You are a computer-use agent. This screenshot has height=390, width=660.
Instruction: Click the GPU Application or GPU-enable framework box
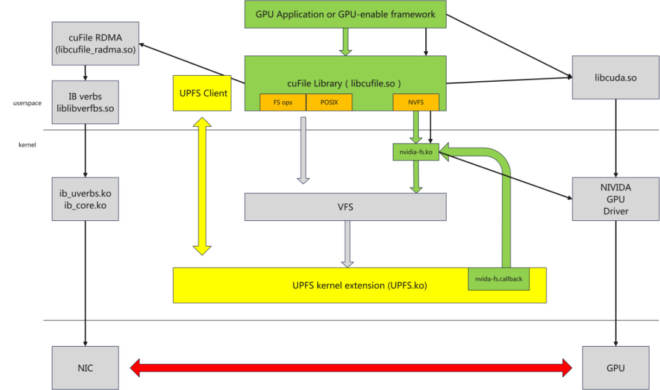(x=345, y=14)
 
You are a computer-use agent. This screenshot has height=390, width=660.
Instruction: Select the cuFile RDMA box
(x=95, y=43)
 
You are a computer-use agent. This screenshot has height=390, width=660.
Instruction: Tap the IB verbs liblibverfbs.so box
(x=85, y=103)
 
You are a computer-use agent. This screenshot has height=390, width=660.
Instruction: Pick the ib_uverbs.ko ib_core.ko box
(x=85, y=199)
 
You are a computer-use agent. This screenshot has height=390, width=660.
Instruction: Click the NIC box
(x=85, y=368)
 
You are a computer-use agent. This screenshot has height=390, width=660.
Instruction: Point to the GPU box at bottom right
(x=615, y=368)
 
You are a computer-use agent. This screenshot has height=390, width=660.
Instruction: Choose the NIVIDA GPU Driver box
(x=615, y=199)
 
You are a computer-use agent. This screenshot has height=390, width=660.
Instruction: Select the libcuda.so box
(x=615, y=78)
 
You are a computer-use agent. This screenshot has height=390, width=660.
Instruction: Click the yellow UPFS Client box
(x=202, y=93)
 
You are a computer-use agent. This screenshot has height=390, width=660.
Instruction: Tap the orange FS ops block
(x=282, y=103)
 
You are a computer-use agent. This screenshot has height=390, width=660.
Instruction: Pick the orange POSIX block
(x=329, y=103)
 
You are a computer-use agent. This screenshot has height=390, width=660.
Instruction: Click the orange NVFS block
(x=416, y=103)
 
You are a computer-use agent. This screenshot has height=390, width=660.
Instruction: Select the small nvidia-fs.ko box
(x=416, y=153)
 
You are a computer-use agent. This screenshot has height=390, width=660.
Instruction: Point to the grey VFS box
(x=345, y=207)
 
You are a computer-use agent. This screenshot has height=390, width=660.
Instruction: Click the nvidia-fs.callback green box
(x=499, y=279)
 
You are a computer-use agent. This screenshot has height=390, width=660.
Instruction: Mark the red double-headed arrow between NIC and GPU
(x=351, y=367)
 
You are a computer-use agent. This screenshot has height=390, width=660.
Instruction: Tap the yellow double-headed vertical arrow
(x=202, y=186)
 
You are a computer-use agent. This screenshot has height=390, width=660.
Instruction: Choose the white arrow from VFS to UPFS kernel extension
(x=348, y=243)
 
